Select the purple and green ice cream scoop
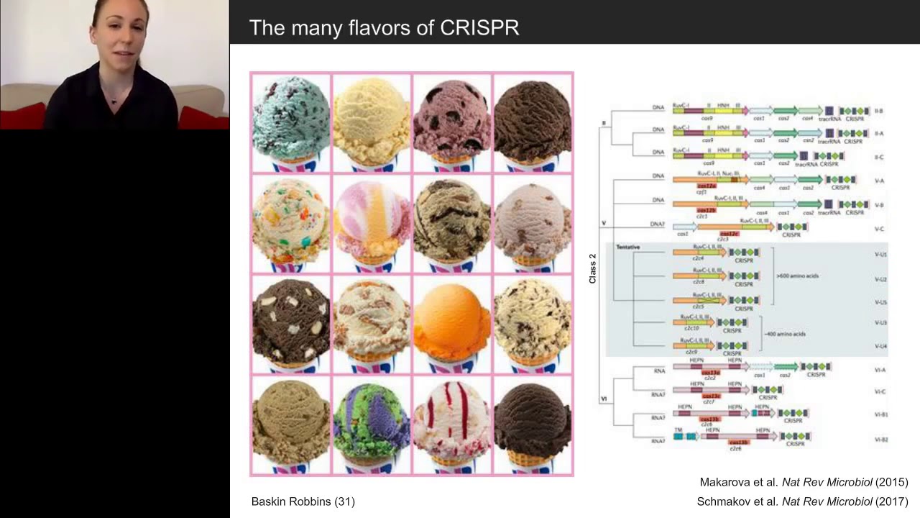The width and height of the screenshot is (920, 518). click(x=371, y=422)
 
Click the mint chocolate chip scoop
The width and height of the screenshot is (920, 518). click(x=290, y=118)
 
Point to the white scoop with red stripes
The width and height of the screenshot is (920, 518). click(x=451, y=422)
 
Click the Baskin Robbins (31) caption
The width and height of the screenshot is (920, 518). click(x=303, y=501)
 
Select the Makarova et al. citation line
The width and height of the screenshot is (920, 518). click(x=804, y=482)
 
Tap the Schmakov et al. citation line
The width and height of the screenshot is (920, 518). click(x=802, y=501)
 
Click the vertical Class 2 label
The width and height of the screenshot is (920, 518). click(x=593, y=268)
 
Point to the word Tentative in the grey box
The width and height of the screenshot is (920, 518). click(x=628, y=247)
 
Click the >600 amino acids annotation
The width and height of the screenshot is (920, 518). click(x=797, y=276)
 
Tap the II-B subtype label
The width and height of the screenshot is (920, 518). click(x=879, y=112)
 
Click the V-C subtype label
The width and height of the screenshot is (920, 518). click(x=879, y=229)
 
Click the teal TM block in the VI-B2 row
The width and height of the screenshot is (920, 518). click(x=678, y=436)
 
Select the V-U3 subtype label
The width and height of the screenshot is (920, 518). click(x=880, y=323)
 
